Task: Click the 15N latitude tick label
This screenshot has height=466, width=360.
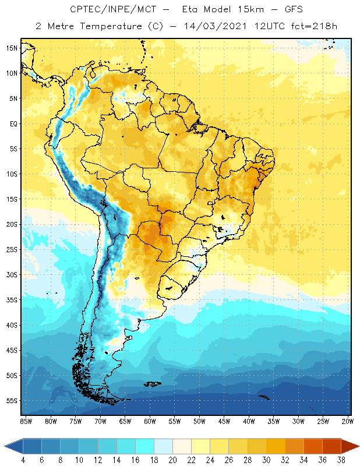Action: pyautogui.click(x=11, y=48)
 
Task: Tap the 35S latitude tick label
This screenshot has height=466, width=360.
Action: pyautogui.click(x=11, y=300)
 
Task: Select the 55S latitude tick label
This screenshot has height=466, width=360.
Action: pyautogui.click(x=11, y=401)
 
